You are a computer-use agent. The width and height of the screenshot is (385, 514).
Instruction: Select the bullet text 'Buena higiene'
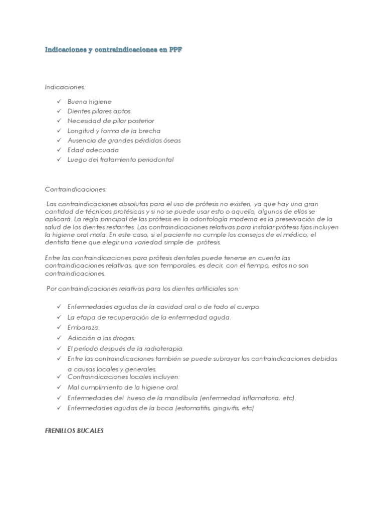coord(90,101)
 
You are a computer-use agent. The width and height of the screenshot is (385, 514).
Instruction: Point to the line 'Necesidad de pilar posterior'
coord(111,121)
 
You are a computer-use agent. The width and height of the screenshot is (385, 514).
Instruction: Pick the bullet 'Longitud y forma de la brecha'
coord(114,131)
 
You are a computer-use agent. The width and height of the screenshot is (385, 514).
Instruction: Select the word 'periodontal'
coord(156,160)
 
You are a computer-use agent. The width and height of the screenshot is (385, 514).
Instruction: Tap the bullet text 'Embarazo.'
coord(84,327)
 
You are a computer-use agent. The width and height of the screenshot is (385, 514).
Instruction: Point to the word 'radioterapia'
coord(165,348)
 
